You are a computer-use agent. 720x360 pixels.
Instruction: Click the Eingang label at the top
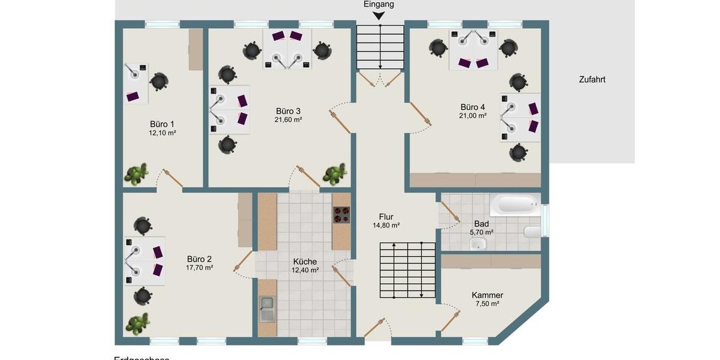click(x=379, y=4)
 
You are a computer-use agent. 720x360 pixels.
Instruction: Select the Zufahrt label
click(x=592, y=79)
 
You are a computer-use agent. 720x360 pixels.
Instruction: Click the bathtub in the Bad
click(x=514, y=205)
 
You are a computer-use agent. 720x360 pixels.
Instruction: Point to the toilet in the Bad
click(x=532, y=232)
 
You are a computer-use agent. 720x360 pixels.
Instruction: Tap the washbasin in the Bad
click(x=478, y=243)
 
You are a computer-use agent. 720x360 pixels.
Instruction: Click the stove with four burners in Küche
click(x=341, y=215)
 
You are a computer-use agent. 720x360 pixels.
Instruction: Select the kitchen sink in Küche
click(x=267, y=308)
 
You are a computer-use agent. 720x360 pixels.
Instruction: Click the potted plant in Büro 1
click(x=136, y=174)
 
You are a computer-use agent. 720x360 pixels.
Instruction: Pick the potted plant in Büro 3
click(x=334, y=173)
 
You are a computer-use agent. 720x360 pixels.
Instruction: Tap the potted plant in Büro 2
click(x=137, y=324)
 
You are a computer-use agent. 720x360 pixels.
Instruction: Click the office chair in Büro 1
click(x=159, y=81)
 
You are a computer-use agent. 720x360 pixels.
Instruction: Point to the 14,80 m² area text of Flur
click(x=386, y=226)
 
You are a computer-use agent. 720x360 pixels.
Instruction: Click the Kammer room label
click(x=487, y=295)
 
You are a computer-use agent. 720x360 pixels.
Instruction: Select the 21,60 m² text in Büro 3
click(x=289, y=120)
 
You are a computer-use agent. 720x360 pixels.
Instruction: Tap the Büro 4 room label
click(x=473, y=107)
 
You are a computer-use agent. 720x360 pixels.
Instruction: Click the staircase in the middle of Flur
click(x=407, y=270)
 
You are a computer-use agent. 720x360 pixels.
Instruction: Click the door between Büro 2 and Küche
click(x=242, y=262)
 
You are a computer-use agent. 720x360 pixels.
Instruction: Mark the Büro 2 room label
click(x=199, y=259)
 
